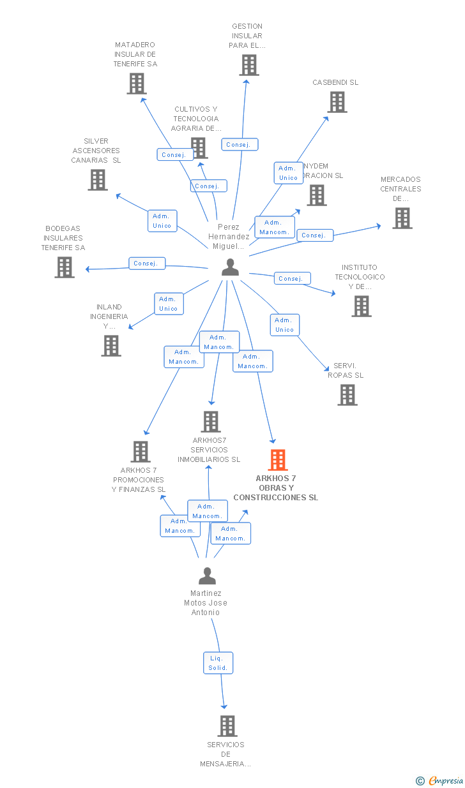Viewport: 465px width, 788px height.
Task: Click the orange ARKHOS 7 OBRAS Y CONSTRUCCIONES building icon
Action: point(277,459)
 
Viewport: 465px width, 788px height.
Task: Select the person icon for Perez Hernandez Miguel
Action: point(230,267)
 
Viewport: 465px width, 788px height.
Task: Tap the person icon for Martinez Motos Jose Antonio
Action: point(207,576)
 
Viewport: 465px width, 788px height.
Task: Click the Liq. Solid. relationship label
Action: point(218,664)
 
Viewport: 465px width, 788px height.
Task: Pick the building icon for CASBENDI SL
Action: point(337,102)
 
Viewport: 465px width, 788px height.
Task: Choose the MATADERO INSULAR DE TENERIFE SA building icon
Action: point(136,84)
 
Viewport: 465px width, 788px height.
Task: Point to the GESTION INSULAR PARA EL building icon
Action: point(249,65)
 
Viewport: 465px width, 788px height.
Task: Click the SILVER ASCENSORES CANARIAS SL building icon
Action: point(97,180)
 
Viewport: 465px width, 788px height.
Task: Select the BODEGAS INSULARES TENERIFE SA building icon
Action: point(65,267)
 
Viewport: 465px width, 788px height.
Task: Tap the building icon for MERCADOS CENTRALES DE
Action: point(402,218)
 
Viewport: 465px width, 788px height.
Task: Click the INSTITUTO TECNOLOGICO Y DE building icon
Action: point(362,306)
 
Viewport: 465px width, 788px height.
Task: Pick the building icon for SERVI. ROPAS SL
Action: point(347,395)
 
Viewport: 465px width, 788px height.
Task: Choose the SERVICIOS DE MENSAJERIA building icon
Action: point(227,726)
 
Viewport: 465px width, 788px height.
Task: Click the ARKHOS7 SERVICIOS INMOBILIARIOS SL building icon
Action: point(211,422)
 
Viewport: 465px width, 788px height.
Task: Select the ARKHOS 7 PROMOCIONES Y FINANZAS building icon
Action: point(141,452)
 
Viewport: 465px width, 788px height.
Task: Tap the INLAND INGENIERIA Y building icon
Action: point(111,346)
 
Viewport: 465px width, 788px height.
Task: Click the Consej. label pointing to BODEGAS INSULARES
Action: point(147,264)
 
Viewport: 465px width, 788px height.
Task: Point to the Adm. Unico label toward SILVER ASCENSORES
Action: point(162,221)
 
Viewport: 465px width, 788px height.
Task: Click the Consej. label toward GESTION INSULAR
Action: point(240,145)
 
